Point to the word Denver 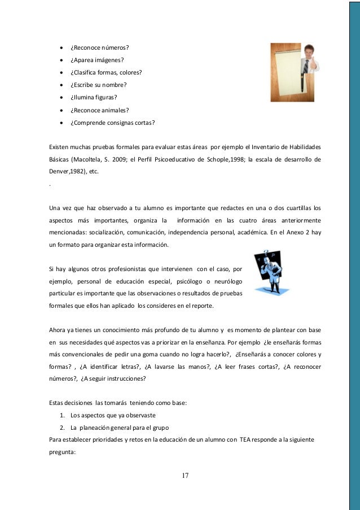coord(60,171)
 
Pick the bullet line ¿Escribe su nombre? coord(98,85)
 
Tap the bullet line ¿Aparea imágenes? coord(98,60)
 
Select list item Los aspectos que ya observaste coord(109,415)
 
